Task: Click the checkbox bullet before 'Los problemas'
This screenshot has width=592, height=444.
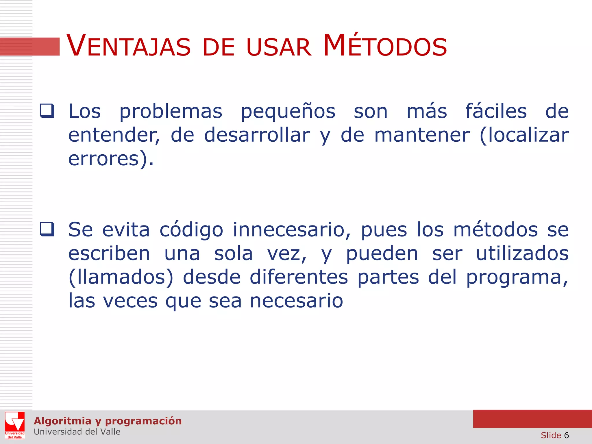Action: click(x=47, y=111)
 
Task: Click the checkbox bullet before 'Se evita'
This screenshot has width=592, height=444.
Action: click(x=47, y=229)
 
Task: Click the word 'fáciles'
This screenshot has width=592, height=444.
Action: click(x=496, y=111)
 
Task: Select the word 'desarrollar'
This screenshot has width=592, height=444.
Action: click(x=257, y=135)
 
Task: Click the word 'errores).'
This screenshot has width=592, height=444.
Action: click(x=111, y=159)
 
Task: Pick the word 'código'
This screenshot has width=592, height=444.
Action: click(x=191, y=230)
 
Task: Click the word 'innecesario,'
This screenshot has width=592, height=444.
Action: click(x=292, y=230)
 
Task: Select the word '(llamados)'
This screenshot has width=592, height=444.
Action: click(x=121, y=277)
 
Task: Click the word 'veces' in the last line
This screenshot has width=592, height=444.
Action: click(x=130, y=301)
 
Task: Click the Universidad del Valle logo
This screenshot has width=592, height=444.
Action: click(x=15, y=425)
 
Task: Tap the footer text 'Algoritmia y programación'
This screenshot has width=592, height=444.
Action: click(x=108, y=421)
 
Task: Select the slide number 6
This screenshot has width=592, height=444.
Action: click(x=566, y=435)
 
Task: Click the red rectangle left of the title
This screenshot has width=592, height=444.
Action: click(x=30, y=47)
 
